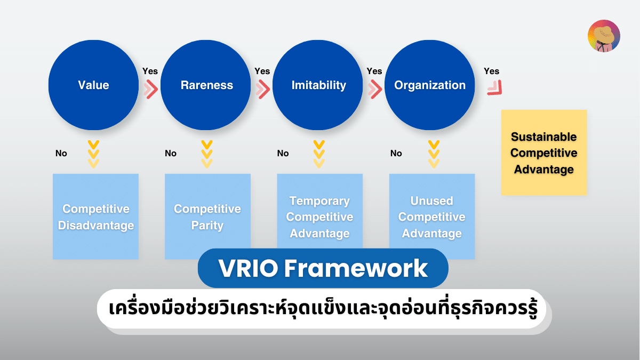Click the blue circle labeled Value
pyautogui.click(x=93, y=85)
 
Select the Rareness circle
pyautogui.click(x=206, y=85)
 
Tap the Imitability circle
pyautogui.click(x=318, y=85)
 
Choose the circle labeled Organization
pyautogui.click(x=430, y=85)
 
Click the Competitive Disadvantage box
pyautogui.click(x=95, y=217)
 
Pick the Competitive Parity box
pyautogui.click(x=207, y=217)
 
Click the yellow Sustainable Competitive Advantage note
pyautogui.click(x=543, y=153)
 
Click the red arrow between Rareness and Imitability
pyautogui.click(x=263, y=90)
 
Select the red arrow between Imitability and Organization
pyautogui.click(x=375, y=90)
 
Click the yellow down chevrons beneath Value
pyautogui.click(x=93, y=154)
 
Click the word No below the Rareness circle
pyautogui.click(x=171, y=154)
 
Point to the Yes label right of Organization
pyautogui.click(x=491, y=71)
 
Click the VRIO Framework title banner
pyautogui.click(x=323, y=268)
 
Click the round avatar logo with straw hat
pyautogui.click(x=604, y=36)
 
